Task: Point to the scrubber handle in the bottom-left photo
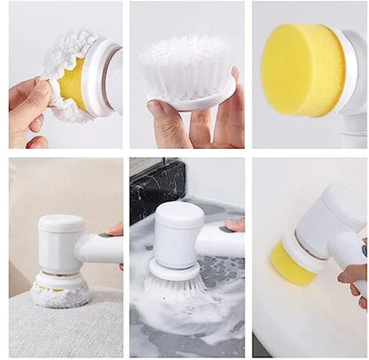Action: pyautogui.click(x=102, y=249)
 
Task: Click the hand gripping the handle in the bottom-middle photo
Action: pyautogui.click(x=235, y=225)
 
